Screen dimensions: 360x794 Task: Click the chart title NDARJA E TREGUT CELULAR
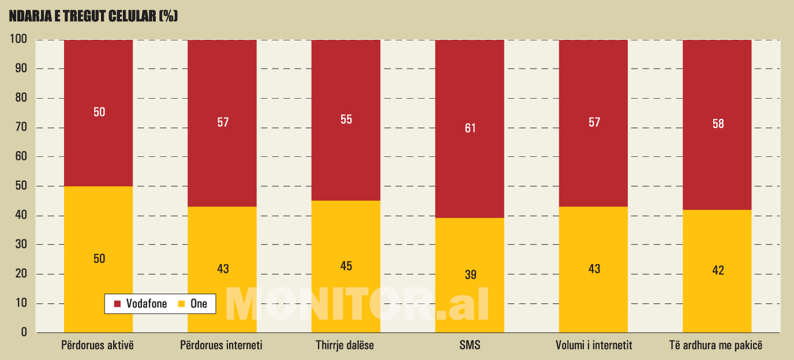coord(93,17)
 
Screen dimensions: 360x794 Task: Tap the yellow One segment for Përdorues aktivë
coord(99,231)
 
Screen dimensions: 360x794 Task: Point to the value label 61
coord(470,128)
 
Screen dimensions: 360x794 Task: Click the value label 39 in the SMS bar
coord(470,275)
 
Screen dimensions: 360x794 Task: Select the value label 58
coord(718,124)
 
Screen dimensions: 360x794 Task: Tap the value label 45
coord(346,266)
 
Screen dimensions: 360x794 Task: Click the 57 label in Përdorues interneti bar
coord(223,122)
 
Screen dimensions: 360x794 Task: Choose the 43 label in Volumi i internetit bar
coord(594,269)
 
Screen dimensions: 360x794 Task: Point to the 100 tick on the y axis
coord(18,40)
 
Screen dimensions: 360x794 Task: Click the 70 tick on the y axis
coord(21,127)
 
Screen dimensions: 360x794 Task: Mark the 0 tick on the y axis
coord(24,332)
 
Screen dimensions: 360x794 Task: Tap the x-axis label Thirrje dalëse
coord(345,346)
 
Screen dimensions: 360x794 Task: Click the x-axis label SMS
coord(470,346)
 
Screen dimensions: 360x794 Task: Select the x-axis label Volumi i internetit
coord(594,346)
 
